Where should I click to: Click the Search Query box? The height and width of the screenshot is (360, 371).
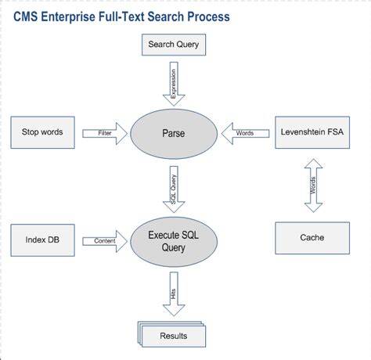click(174, 45)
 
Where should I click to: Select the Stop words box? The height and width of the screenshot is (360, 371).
click(42, 132)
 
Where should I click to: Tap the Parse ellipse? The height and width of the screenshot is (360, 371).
click(174, 134)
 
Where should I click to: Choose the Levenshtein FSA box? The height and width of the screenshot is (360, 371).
click(312, 132)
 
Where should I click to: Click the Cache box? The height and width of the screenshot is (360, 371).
click(312, 238)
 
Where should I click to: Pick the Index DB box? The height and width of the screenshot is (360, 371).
click(42, 240)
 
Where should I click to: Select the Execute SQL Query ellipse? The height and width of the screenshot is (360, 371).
click(174, 242)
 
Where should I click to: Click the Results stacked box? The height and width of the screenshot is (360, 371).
click(172, 334)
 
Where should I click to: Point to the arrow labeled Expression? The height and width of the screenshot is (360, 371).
click(174, 84)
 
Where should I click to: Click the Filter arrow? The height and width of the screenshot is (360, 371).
click(105, 134)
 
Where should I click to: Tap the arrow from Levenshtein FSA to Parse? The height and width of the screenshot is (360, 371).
click(245, 134)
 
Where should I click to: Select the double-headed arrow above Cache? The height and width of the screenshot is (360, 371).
click(313, 185)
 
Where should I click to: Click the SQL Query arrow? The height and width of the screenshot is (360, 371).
click(174, 189)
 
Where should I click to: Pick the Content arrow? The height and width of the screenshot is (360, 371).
click(105, 241)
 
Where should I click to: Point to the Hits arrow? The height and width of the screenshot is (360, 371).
click(174, 294)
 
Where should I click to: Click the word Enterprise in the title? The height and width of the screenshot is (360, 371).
click(68, 17)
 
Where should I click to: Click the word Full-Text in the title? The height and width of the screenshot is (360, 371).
click(121, 17)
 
